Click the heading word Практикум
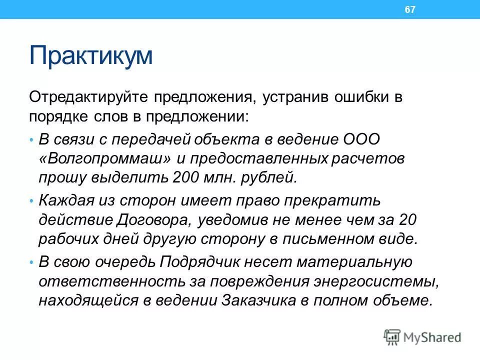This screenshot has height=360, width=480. click(90, 56)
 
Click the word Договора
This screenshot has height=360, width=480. click(155, 219)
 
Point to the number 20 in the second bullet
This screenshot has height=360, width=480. click(407, 219)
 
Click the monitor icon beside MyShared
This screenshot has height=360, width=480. click(392, 336)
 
